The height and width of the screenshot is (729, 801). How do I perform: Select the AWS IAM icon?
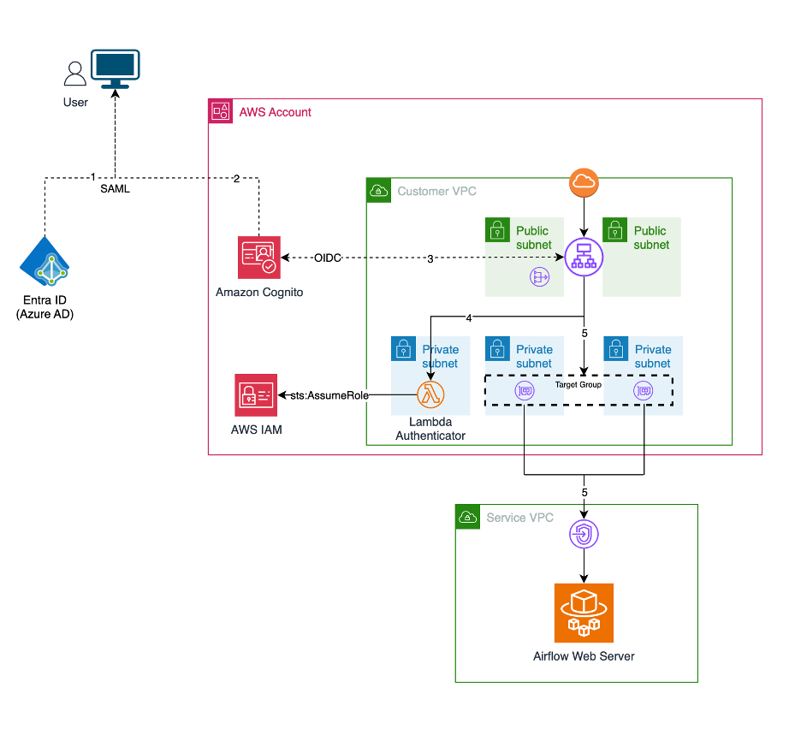(256, 395)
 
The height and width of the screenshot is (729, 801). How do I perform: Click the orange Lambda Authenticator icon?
(430, 394)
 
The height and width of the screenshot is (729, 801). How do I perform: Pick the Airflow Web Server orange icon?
(584, 613)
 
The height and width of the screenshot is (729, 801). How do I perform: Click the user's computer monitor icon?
(116, 68)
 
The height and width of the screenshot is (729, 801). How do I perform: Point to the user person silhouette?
(75, 74)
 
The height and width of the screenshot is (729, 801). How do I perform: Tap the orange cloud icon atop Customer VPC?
(584, 183)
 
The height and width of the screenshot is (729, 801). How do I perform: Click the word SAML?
(115, 189)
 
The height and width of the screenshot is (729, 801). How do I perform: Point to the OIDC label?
(326, 258)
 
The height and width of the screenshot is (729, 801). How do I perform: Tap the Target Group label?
(578, 385)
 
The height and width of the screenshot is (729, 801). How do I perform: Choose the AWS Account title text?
(276, 112)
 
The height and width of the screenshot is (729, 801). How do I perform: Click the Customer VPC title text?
(437, 191)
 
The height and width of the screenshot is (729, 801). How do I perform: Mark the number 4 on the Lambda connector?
(468, 318)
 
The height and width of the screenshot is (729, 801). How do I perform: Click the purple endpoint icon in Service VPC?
(584, 536)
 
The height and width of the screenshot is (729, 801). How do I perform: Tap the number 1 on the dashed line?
(92, 177)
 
